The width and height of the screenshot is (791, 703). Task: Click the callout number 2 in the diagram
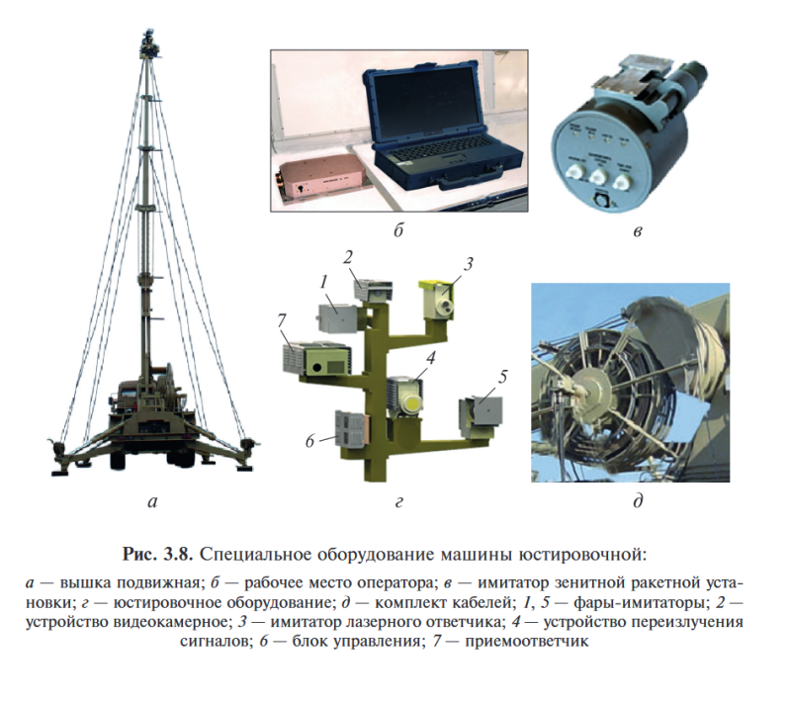pyautogui.click(x=348, y=256)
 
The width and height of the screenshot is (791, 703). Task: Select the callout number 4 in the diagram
pyautogui.click(x=431, y=358)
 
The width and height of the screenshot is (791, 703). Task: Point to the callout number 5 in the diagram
pyautogui.click(x=502, y=376)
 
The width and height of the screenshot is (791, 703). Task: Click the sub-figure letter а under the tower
pyautogui.click(x=151, y=502)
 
